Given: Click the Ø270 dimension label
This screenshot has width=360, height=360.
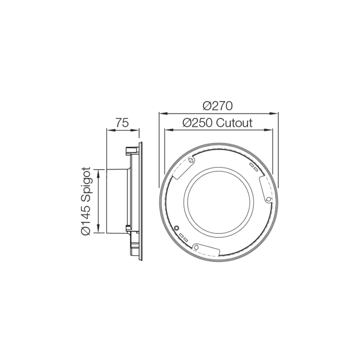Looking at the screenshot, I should click(218, 106).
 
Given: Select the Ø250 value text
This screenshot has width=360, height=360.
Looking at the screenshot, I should click(199, 123).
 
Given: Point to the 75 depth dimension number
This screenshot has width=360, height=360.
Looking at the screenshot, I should click(122, 123).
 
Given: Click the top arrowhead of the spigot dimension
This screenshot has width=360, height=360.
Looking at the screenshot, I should click(98, 170).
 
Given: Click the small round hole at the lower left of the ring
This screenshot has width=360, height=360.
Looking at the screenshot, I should click(177, 228).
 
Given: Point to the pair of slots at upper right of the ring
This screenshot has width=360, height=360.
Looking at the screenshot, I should click(254, 167).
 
